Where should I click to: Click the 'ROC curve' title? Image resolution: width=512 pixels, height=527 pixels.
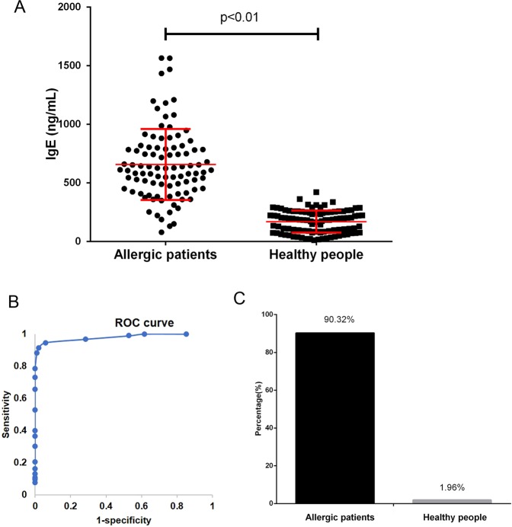pyautogui.click(x=150, y=323)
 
